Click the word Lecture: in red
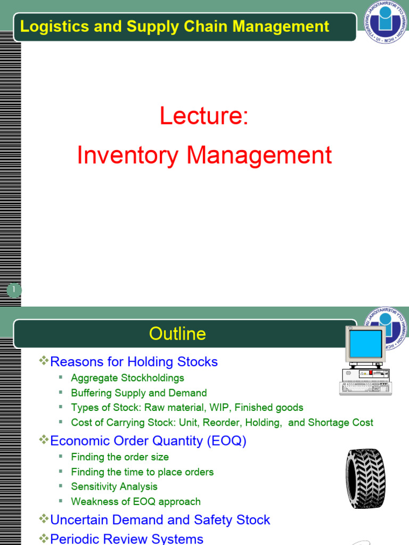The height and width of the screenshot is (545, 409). point(204,117)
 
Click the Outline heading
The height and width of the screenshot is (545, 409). point(177,334)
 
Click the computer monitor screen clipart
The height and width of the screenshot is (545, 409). point(365,343)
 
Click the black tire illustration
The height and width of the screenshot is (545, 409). point(365,478)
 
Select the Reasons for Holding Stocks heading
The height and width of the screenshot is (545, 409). point(134,362)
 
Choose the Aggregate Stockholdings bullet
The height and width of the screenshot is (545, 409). point(127,378)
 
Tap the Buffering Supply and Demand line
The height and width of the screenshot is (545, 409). point(138,393)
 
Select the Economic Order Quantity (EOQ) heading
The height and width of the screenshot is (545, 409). point(148,441)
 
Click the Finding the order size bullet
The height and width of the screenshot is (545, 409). point(119,457)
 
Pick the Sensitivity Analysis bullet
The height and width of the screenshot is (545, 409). point(114,486)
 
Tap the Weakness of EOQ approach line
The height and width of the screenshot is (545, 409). point(135,501)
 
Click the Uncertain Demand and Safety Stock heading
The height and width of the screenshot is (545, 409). point(160,519)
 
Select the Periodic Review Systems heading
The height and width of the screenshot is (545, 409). point(126,539)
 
